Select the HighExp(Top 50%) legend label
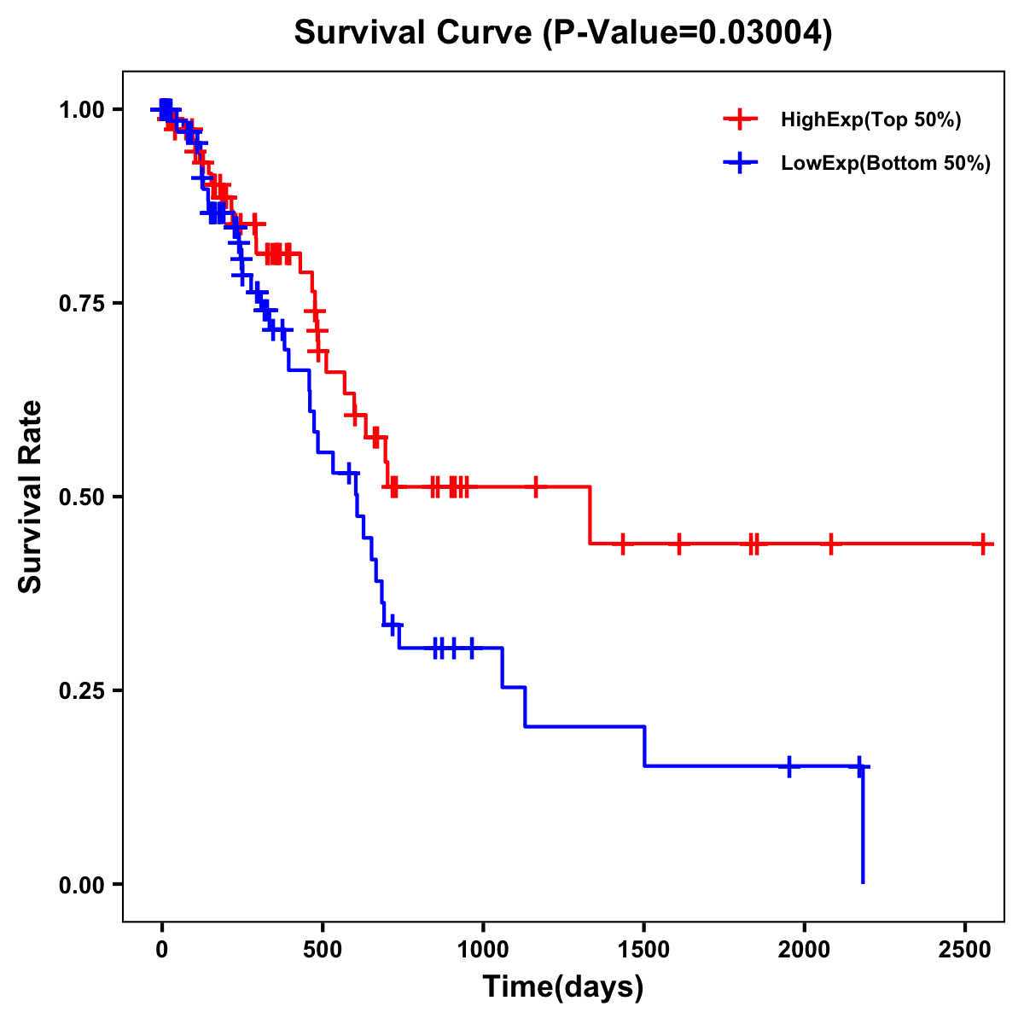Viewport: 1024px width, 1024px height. point(871,120)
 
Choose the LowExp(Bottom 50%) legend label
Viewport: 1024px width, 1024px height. point(886,164)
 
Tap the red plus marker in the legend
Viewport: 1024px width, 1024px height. point(740,120)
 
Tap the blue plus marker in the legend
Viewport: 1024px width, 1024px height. point(740,164)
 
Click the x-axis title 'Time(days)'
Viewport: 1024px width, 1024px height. point(563,987)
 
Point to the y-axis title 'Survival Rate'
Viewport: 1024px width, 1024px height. point(32,497)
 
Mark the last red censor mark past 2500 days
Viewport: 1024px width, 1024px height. point(983,544)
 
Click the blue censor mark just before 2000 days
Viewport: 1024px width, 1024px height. point(789,766)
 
